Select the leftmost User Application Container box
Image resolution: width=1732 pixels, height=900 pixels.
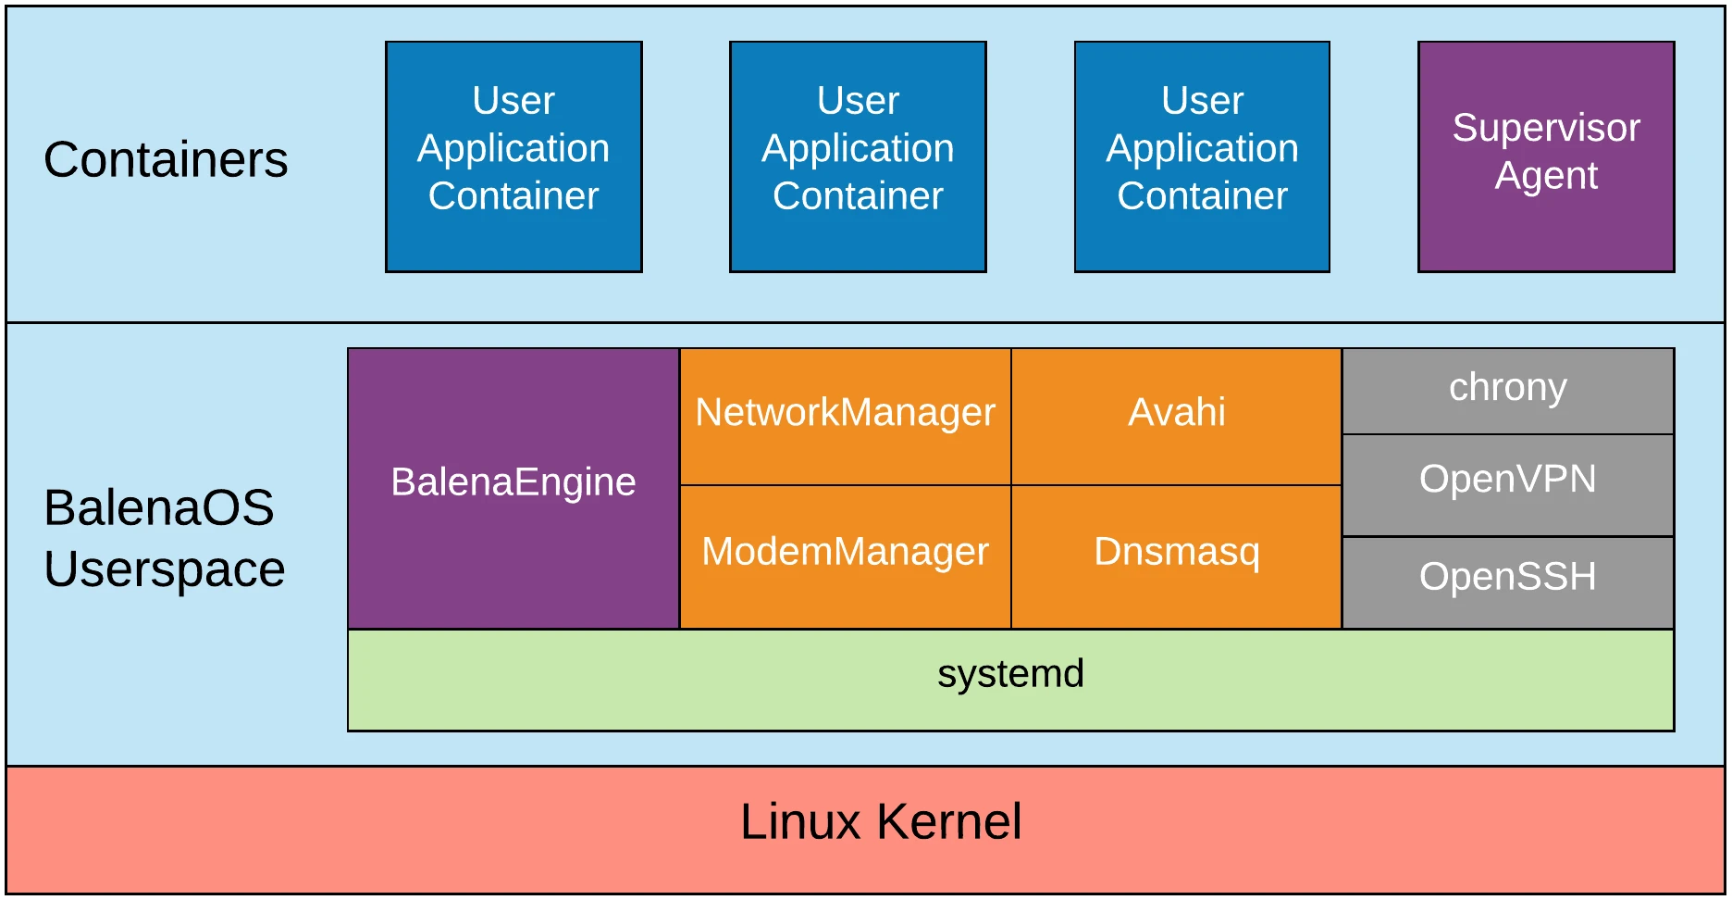pyautogui.click(x=513, y=156)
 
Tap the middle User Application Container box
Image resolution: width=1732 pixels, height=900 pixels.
pyautogui.click(x=858, y=156)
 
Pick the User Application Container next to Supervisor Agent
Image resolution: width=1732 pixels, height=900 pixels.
pyautogui.click(x=1202, y=156)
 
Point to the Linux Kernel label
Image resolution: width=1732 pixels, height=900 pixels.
pyautogui.click(x=881, y=822)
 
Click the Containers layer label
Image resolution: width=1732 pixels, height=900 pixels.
pyautogui.click(x=166, y=160)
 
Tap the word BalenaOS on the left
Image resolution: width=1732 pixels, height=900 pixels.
pyautogui.click(x=158, y=508)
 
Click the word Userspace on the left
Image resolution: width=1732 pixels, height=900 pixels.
pyautogui.click(x=164, y=569)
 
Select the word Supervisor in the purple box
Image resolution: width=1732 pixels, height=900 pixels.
pyautogui.click(x=1545, y=129)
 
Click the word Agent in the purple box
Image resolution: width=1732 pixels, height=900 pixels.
pyautogui.click(x=1545, y=176)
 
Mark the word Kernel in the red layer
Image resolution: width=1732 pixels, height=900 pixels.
pyautogui.click(x=948, y=822)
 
